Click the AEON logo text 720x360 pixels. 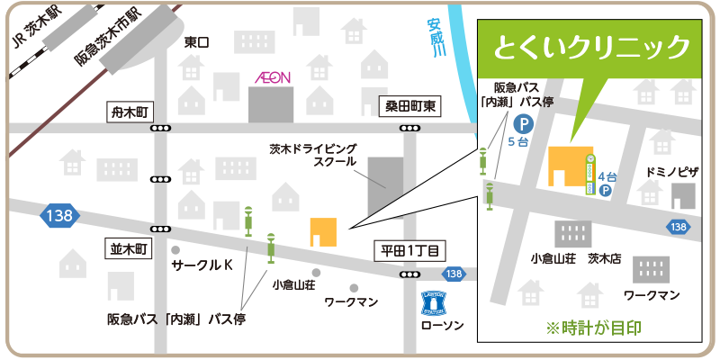(x=270, y=77)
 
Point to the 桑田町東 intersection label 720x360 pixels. (x=410, y=106)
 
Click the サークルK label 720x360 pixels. (x=202, y=266)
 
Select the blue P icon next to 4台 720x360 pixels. (x=605, y=191)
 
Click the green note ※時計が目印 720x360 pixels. (x=593, y=328)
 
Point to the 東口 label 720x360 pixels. (x=196, y=42)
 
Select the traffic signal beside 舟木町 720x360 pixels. (x=161, y=130)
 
